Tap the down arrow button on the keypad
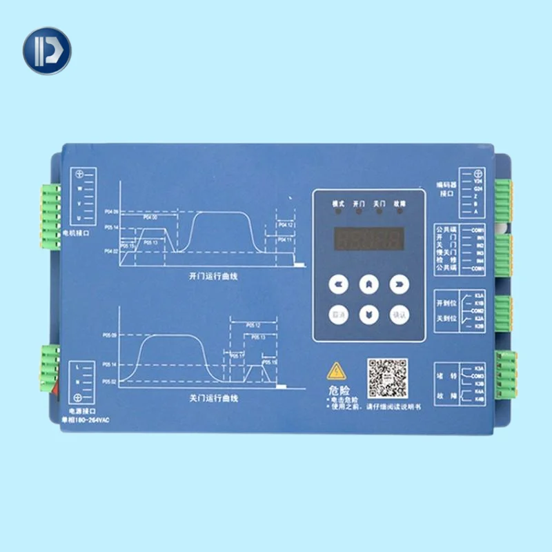tap(368, 312)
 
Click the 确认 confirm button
tap(399, 312)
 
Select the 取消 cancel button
tap(337, 312)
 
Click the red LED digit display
tap(368, 240)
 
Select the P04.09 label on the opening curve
tap(111, 211)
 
